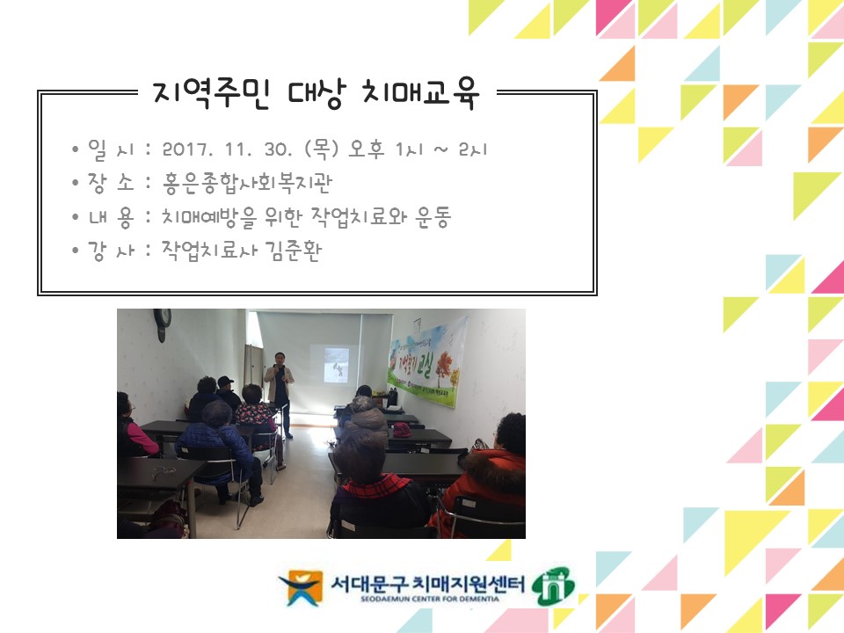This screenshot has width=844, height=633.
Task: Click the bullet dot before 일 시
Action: click(76, 149)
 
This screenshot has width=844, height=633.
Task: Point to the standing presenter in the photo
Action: click(280, 391)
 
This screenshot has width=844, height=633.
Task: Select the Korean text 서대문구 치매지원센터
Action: click(427, 582)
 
